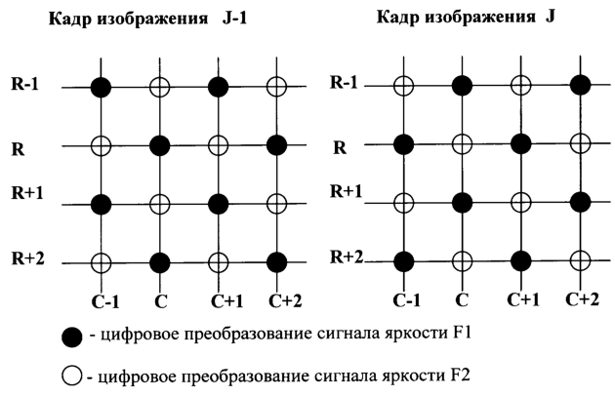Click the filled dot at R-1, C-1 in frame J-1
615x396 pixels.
tap(102, 87)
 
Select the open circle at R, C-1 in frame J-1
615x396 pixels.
tap(102, 146)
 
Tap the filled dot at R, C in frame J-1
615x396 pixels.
tap(160, 146)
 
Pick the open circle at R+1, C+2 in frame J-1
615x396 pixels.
tap(276, 204)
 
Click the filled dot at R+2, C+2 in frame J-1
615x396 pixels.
tap(276, 262)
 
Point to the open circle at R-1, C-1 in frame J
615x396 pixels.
tap(403, 86)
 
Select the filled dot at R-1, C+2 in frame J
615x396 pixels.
tap(580, 85)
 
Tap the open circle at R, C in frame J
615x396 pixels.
tap(463, 144)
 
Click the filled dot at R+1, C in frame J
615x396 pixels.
tap(463, 203)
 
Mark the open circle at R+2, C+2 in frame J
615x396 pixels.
tap(580, 260)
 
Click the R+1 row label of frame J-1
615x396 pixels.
tap(27, 193)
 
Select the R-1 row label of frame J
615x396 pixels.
tap(344, 82)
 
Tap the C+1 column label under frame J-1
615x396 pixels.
tap(227, 301)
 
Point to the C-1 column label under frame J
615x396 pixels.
tap(407, 300)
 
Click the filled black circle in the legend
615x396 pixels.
tap(72, 337)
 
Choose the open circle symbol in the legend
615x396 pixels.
tap(72, 376)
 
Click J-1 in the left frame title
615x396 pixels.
tap(234, 18)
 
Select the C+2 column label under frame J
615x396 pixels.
tap(583, 299)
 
